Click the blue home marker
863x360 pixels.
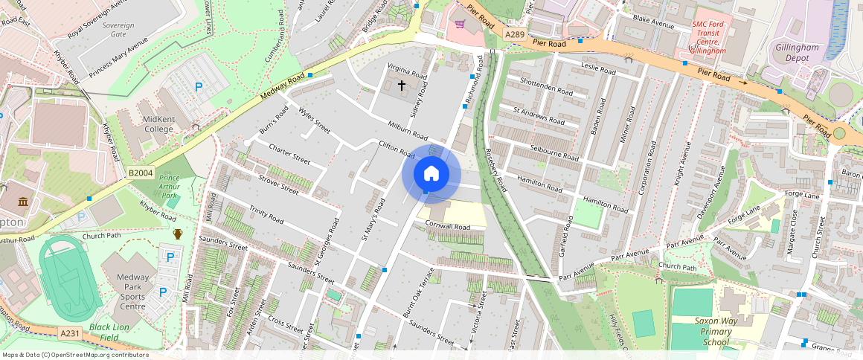pyautogui.click(x=431, y=174)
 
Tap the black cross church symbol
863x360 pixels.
pyautogui.click(x=402, y=86)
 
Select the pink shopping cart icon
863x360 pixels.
pyautogui.click(x=460, y=25)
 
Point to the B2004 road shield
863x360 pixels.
pyautogui.click(x=140, y=173)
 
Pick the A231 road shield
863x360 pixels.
pyautogui.click(x=70, y=333)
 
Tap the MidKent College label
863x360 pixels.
pyautogui.click(x=147, y=124)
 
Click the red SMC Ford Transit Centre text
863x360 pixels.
pyautogui.click(x=708, y=37)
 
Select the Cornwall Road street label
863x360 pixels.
pyautogui.click(x=449, y=226)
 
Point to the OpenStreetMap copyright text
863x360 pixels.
pyautogui.click(x=74, y=355)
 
